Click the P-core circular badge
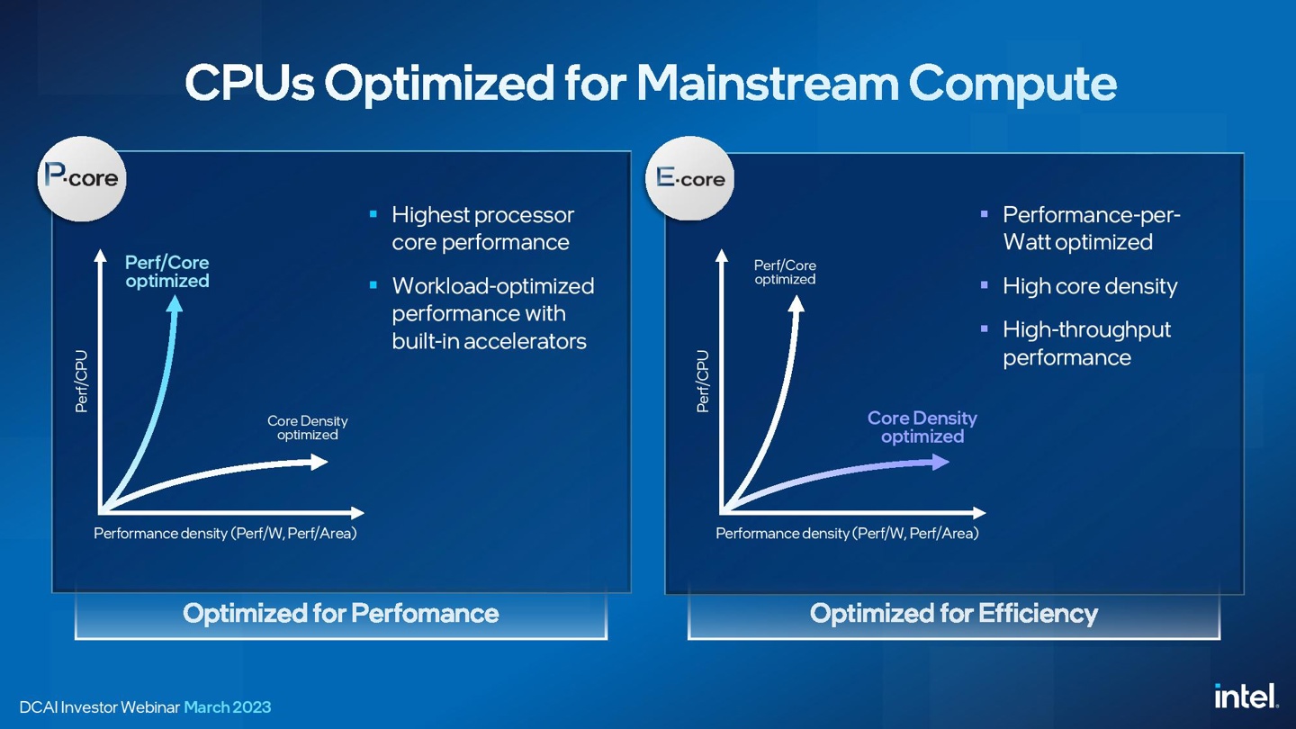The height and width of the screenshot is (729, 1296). [x=82, y=178]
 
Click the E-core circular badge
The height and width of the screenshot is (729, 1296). [x=690, y=178]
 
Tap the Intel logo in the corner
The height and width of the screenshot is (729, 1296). [x=1246, y=696]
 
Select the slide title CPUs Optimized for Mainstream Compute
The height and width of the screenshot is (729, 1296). [x=650, y=83]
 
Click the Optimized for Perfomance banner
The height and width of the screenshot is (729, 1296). [x=340, y=614]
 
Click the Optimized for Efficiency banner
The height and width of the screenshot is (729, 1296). [x=953, y=614]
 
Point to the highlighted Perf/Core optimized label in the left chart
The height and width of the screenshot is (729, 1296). [x=166, y=272]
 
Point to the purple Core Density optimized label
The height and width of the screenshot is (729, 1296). [x=922, y=427]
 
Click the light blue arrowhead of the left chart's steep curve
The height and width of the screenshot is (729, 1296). [x=175, y=303]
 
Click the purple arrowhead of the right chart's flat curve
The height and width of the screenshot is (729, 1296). [x=940, y=462]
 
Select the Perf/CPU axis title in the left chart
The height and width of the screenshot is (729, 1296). [x=82, y=382]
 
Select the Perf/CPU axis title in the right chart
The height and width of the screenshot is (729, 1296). [x=703, y=382]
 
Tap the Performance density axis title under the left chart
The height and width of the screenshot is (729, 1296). [x=225, y=534]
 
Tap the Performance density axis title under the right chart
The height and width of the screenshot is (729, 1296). [x=846, y=534]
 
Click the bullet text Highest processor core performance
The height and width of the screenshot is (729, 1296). [x=482, y=229]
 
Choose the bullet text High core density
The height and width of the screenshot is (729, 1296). [x=1089, y=286]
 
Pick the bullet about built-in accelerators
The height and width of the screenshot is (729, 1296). [x=492, y=313]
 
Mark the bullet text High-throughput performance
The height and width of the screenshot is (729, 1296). [x=1086, y=343]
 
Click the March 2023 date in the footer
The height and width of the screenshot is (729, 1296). [x=227, y=707]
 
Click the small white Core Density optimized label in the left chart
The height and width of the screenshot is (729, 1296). [x=307, y=427]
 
